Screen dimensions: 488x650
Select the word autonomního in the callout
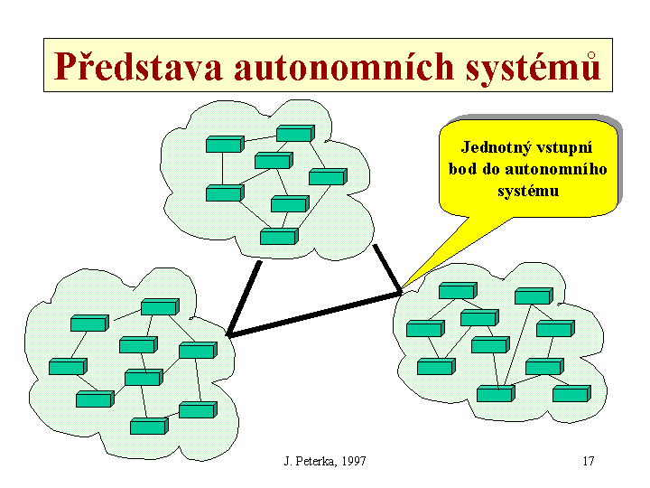click(x=562, y=169)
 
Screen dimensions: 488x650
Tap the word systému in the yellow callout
click(x=528, y=191)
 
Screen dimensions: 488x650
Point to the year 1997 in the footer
click(x=353, y=462)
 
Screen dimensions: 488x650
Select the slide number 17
click(x=588, y=462)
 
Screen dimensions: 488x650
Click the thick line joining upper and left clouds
click(x=244, y=298)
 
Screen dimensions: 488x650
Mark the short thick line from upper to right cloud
click(x=386, y=268)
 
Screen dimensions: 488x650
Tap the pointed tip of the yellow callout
click(x=402, y=288)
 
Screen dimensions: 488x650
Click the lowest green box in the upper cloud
click(x=278, y=237)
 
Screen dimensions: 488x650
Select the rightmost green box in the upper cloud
click(x=327, y=176)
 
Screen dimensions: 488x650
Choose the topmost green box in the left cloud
click(x=159, y=307)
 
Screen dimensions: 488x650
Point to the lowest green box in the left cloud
click(x=148, y=427)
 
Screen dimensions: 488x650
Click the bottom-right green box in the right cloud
click(x=571, y=394)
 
